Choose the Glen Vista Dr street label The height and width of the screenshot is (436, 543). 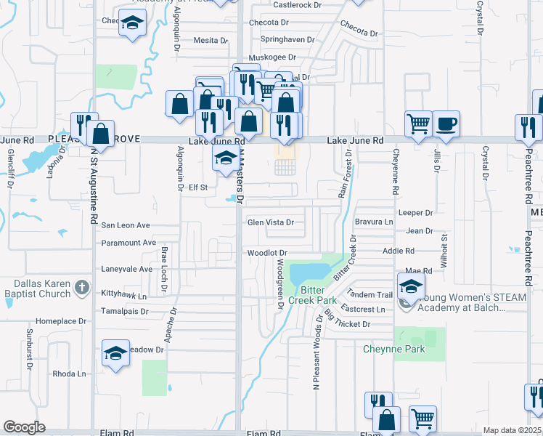click(271, 223)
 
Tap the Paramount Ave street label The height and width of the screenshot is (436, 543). click(128, 243)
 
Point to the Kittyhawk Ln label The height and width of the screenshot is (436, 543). click(123, 296)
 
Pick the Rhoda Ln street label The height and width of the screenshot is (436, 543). click(69, 374)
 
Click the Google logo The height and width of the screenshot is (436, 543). click(24, 427)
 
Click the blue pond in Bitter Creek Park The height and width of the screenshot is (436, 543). click(309, 274)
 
